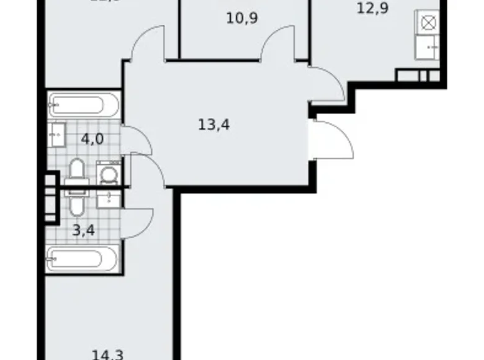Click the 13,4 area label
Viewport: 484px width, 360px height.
(x=214, y=125)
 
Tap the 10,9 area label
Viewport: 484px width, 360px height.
(x=242, y=17)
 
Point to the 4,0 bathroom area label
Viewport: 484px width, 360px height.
(x=92, y=138)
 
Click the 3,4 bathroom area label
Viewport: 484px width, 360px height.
(x=83, y=232)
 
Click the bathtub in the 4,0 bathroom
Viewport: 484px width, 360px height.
(x=83, y=105)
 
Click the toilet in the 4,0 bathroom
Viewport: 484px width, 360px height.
(x=77, y=171)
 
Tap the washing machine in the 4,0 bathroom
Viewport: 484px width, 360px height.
(x=109, y=173)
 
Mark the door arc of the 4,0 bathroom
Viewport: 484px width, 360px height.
(x=138, y=139)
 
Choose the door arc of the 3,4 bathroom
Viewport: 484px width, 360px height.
(x=139, y=222)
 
